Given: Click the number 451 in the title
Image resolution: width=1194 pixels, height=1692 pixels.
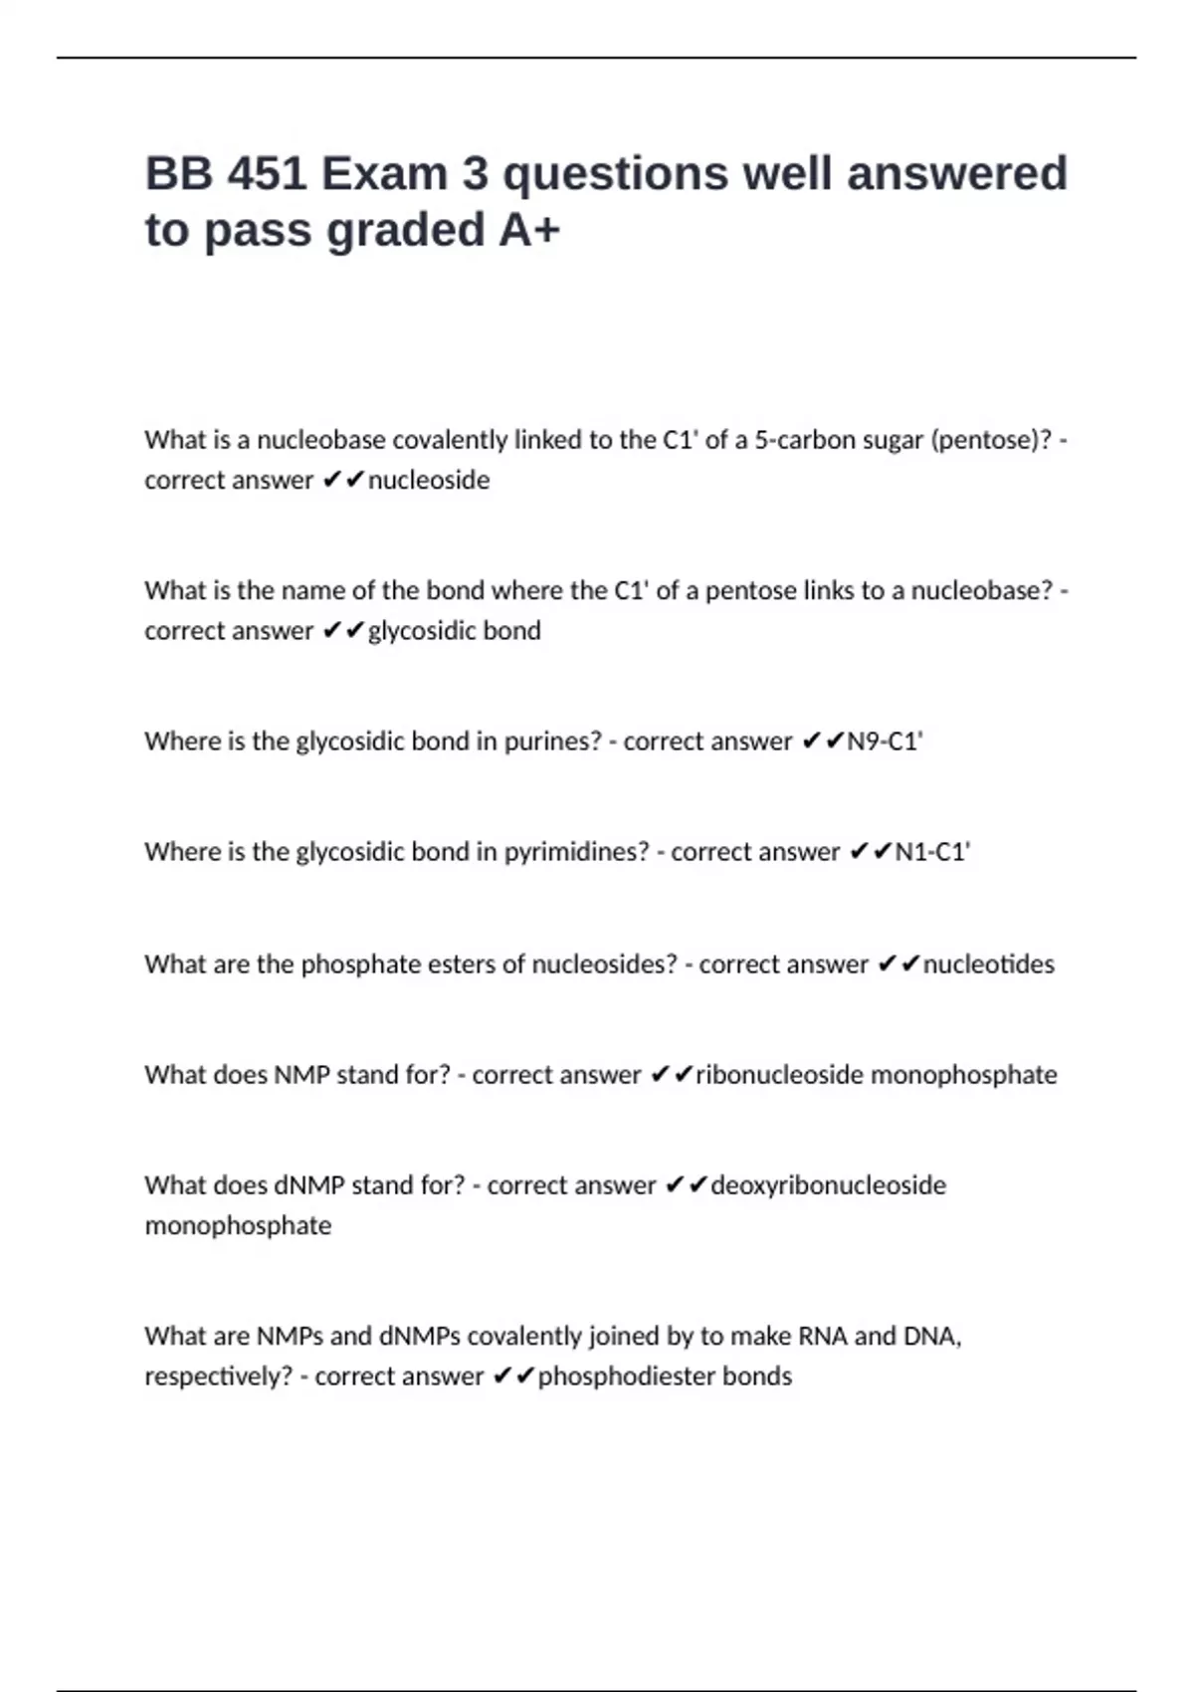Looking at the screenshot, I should [267, 173].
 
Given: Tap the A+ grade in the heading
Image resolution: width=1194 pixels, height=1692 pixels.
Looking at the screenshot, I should [529, 230].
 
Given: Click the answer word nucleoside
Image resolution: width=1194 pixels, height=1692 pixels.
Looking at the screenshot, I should [429, 480].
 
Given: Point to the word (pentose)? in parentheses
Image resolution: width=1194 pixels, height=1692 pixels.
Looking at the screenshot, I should [990, 440].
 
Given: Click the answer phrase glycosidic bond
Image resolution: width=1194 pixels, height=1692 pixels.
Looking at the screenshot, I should [455, 631].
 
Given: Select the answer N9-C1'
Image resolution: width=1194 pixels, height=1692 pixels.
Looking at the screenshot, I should [885, 741].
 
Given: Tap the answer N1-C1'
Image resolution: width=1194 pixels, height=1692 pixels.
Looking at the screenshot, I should [932, 852].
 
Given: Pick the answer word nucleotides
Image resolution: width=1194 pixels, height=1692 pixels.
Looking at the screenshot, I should [989, 964].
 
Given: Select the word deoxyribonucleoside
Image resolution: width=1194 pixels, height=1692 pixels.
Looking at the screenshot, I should [829, 1185].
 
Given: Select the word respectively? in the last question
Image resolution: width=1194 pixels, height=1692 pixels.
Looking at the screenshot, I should [219, 1376].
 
